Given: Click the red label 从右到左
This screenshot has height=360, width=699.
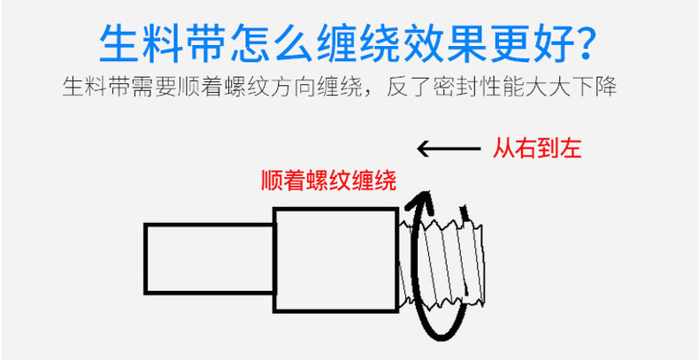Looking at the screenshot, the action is [x=536, y=148].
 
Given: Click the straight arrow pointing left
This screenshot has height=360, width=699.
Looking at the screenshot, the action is [x=446, y=148].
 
